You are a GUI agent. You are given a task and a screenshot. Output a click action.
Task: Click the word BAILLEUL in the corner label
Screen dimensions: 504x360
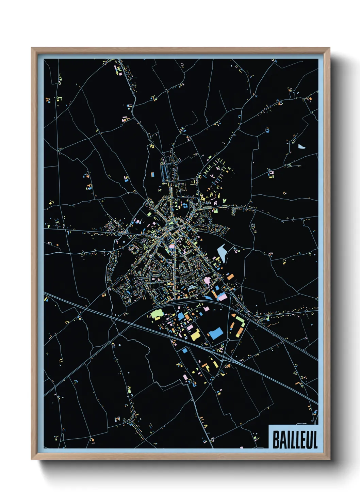point(295,440)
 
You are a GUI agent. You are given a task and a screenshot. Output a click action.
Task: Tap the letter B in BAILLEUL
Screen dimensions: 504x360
point(276,440)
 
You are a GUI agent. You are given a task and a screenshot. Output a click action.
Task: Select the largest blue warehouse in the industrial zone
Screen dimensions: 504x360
point(215,333)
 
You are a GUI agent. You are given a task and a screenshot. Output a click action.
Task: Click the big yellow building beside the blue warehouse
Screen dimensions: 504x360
point(195,335)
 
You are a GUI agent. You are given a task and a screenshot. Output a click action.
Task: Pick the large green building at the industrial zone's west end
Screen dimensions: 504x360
point(157,313)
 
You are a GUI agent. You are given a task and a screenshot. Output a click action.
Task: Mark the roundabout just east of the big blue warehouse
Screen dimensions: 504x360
point(228,340)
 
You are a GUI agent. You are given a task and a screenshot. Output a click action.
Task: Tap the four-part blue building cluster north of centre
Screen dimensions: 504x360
point(185,206)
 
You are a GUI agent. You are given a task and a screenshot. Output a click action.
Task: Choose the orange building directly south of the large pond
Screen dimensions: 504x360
point(230,277)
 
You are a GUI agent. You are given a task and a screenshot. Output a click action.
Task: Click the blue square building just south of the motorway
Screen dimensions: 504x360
point(185,350)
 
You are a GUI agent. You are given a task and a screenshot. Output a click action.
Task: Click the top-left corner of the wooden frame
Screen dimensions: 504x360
point(32,48)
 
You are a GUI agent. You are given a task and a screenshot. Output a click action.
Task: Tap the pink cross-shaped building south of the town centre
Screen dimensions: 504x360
point(207,281)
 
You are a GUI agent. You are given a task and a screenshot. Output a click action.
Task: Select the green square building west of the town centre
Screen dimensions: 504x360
point(149,214)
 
